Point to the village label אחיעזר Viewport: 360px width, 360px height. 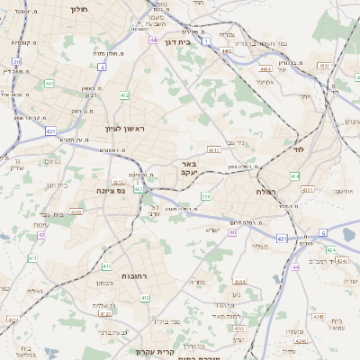263,82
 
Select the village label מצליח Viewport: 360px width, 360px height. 259,246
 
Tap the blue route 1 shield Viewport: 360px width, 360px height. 206,41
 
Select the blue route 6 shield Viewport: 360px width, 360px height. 323,232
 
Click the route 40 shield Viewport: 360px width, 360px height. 232,232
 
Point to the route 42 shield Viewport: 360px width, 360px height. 41,235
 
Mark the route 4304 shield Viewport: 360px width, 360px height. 307,189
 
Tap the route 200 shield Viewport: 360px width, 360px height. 205,196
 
